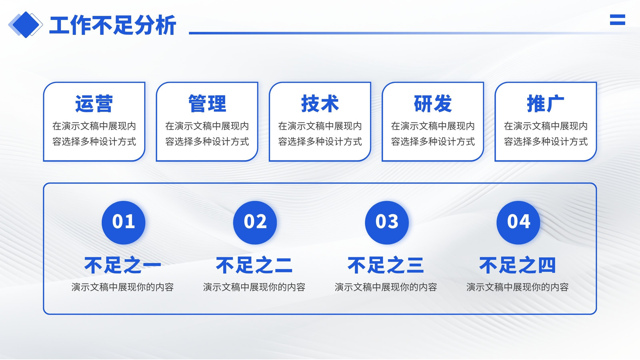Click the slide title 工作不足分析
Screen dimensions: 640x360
[112, 25]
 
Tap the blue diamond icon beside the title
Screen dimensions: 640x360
[26, 24]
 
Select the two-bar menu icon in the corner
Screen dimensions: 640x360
[618, 20]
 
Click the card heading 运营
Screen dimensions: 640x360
[94, 104]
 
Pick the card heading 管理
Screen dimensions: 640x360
[207, 104]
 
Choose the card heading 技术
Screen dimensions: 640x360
[320, 104]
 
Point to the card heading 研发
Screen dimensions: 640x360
[433, 104]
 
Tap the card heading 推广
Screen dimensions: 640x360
[546, 104]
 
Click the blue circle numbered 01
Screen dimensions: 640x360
[124, 222]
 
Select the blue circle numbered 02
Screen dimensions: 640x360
[255, 222]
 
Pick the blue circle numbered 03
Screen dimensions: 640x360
[387, 222]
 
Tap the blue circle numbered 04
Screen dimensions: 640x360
[518, 222]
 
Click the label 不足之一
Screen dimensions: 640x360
[123, 265]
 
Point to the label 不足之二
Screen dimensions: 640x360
[254, 265]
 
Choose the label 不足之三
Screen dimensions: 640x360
[386, 265]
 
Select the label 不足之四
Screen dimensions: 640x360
[518, 265]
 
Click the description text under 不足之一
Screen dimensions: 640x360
[122, 287]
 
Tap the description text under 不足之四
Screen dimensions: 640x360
[518, 287]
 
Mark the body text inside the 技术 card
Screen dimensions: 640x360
[320, 134]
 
